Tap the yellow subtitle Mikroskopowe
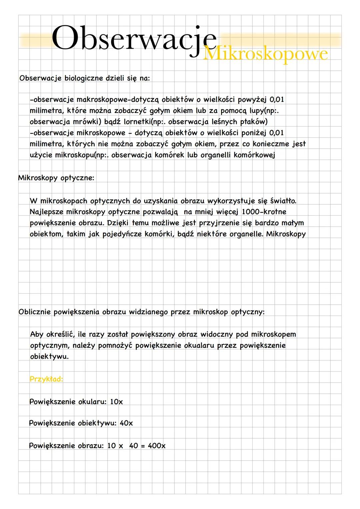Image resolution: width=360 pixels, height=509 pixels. coord(265,54)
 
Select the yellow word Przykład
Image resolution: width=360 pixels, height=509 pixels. coord(46,379)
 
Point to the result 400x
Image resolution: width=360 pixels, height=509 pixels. coord(156,446)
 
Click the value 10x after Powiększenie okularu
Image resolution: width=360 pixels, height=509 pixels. coord(116,402)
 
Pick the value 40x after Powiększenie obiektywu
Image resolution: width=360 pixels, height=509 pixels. coord(126,423)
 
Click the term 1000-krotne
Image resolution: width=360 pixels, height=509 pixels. coord(264,212)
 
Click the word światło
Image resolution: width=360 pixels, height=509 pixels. coord(283,201)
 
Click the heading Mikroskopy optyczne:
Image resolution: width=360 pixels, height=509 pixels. coord(56,178)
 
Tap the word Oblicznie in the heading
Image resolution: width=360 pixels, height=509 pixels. coord(35,312)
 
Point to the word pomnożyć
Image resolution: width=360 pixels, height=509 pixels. coord(117,345)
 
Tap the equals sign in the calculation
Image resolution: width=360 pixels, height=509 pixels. coord(143,446)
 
